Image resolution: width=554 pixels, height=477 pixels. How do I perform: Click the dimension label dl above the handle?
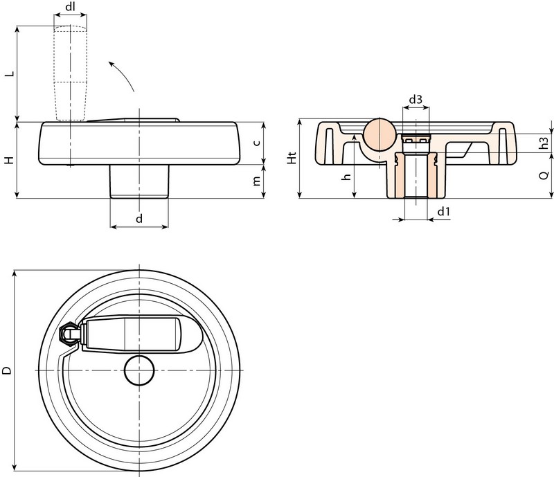pyautogui.click(x=71, y=7)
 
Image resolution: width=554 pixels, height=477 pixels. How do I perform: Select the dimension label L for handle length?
pyautogui.click(x=10, y=73)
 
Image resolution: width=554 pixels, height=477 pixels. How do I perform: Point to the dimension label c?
pyautogui.click(x=257, y=143)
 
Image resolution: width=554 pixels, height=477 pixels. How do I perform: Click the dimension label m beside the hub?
pyautogui.click(x=257, y=181)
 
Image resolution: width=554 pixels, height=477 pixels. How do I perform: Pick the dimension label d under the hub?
pyautogui.click(x=139, y=218)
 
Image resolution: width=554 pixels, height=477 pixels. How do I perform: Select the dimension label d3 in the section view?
pyautogui.click(x=415, y=99)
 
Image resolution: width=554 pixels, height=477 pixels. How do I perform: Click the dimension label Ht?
pyautogui.click(x=292, y=158)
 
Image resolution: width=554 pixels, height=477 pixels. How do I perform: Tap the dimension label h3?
pyautogui.click(x=544, y=143)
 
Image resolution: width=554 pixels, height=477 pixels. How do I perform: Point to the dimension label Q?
pyautogui.click(x=544, y=175)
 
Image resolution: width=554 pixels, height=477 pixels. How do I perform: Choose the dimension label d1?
pyautogui.click(x=444, y=211)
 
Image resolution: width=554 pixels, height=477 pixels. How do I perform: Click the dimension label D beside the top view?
pyautogui.click(x=7, y=370)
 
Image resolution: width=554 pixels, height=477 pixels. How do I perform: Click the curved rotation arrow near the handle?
pyautogui.click(x=121, y=75)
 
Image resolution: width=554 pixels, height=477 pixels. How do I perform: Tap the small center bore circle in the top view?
pyautogui.click(x=139, y=370)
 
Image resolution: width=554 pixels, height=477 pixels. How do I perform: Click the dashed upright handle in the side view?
pyautogui.click(x=71, y=73)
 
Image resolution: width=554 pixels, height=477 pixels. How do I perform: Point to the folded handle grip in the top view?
pyautogui.click(x=131, y=334)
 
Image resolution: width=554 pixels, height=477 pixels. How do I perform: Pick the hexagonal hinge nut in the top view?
pyautogui.click(x=67, y=334)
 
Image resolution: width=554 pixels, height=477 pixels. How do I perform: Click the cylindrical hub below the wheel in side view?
pyautogui.click(x=139, y=181)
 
